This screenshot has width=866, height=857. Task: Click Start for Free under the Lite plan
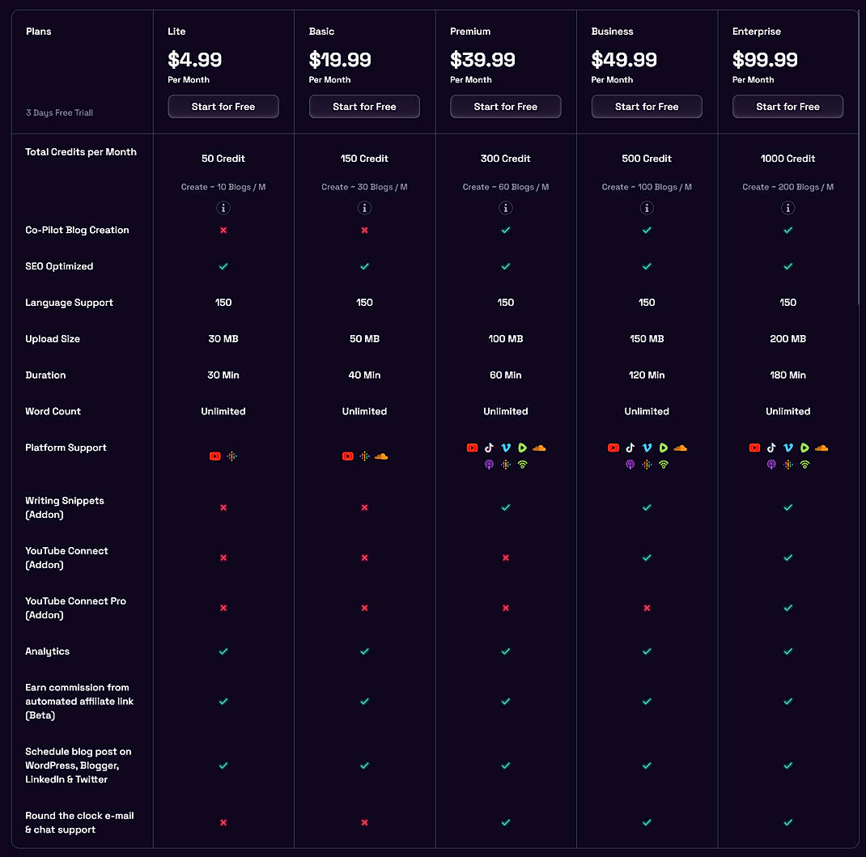pyautogui.click(x=223, y=107)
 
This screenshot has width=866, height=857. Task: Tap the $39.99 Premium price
pyautogui.click(x=482, y=60)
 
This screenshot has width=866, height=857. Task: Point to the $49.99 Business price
pyautogui.click(x=624, y=60)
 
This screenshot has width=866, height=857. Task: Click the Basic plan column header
pyautogui.click(x=321, y=32)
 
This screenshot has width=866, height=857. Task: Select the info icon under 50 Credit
pyautogui.click(x=223, y=208)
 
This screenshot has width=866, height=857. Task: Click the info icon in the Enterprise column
pyautogui.click(x=787, y=208)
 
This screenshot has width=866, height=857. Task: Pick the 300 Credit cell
pyautogui.click(x=506, y=159)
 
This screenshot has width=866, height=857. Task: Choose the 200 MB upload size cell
pyautogui.click(x=787, y=339)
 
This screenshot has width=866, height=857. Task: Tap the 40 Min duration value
pyautogui.click(x=364, y=375)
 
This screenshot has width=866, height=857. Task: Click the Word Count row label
pyautogui.click(x=53, y=412)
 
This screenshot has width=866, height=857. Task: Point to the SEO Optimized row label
pyautogui.click(x=59, y=266)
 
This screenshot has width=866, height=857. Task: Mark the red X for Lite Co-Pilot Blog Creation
pyautogui.click(x=223, y=231)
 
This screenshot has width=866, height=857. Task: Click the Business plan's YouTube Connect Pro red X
pyautogui.click(x=647, y=608)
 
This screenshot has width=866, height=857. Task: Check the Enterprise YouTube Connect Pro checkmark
pyautogui.click(x=787, y=608)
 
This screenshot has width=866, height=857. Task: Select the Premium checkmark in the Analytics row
pyautogui.click(x=506, y=651)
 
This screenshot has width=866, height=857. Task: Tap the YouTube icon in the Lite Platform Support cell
pyautogui.click(x=214, y=456)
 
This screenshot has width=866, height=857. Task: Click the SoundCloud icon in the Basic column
pyautogui.click(x=381, y=456)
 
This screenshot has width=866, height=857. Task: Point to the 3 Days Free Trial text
pyautogui.click(x=59, y=112)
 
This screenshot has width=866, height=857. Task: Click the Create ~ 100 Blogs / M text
pyautogui.click(x=647, y=187)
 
